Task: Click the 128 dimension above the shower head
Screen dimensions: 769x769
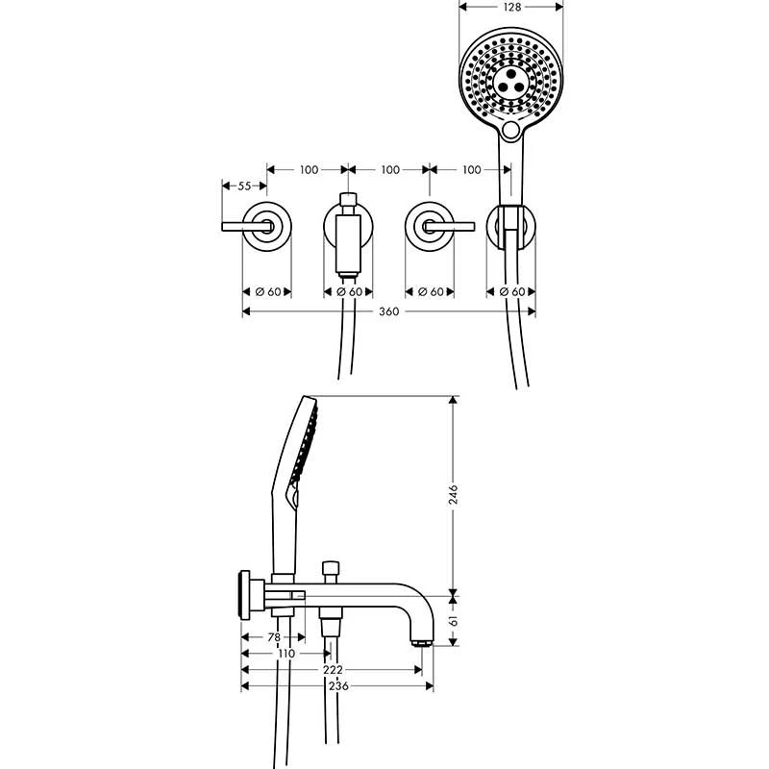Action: pos(511,7)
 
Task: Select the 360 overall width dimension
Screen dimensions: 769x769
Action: pos(389,311)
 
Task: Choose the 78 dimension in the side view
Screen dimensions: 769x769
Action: pos(272,637)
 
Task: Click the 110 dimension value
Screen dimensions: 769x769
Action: pos(285,654)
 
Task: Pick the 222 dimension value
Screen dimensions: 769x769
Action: pos(333,670)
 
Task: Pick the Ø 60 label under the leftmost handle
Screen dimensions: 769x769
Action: pos(266,291)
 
